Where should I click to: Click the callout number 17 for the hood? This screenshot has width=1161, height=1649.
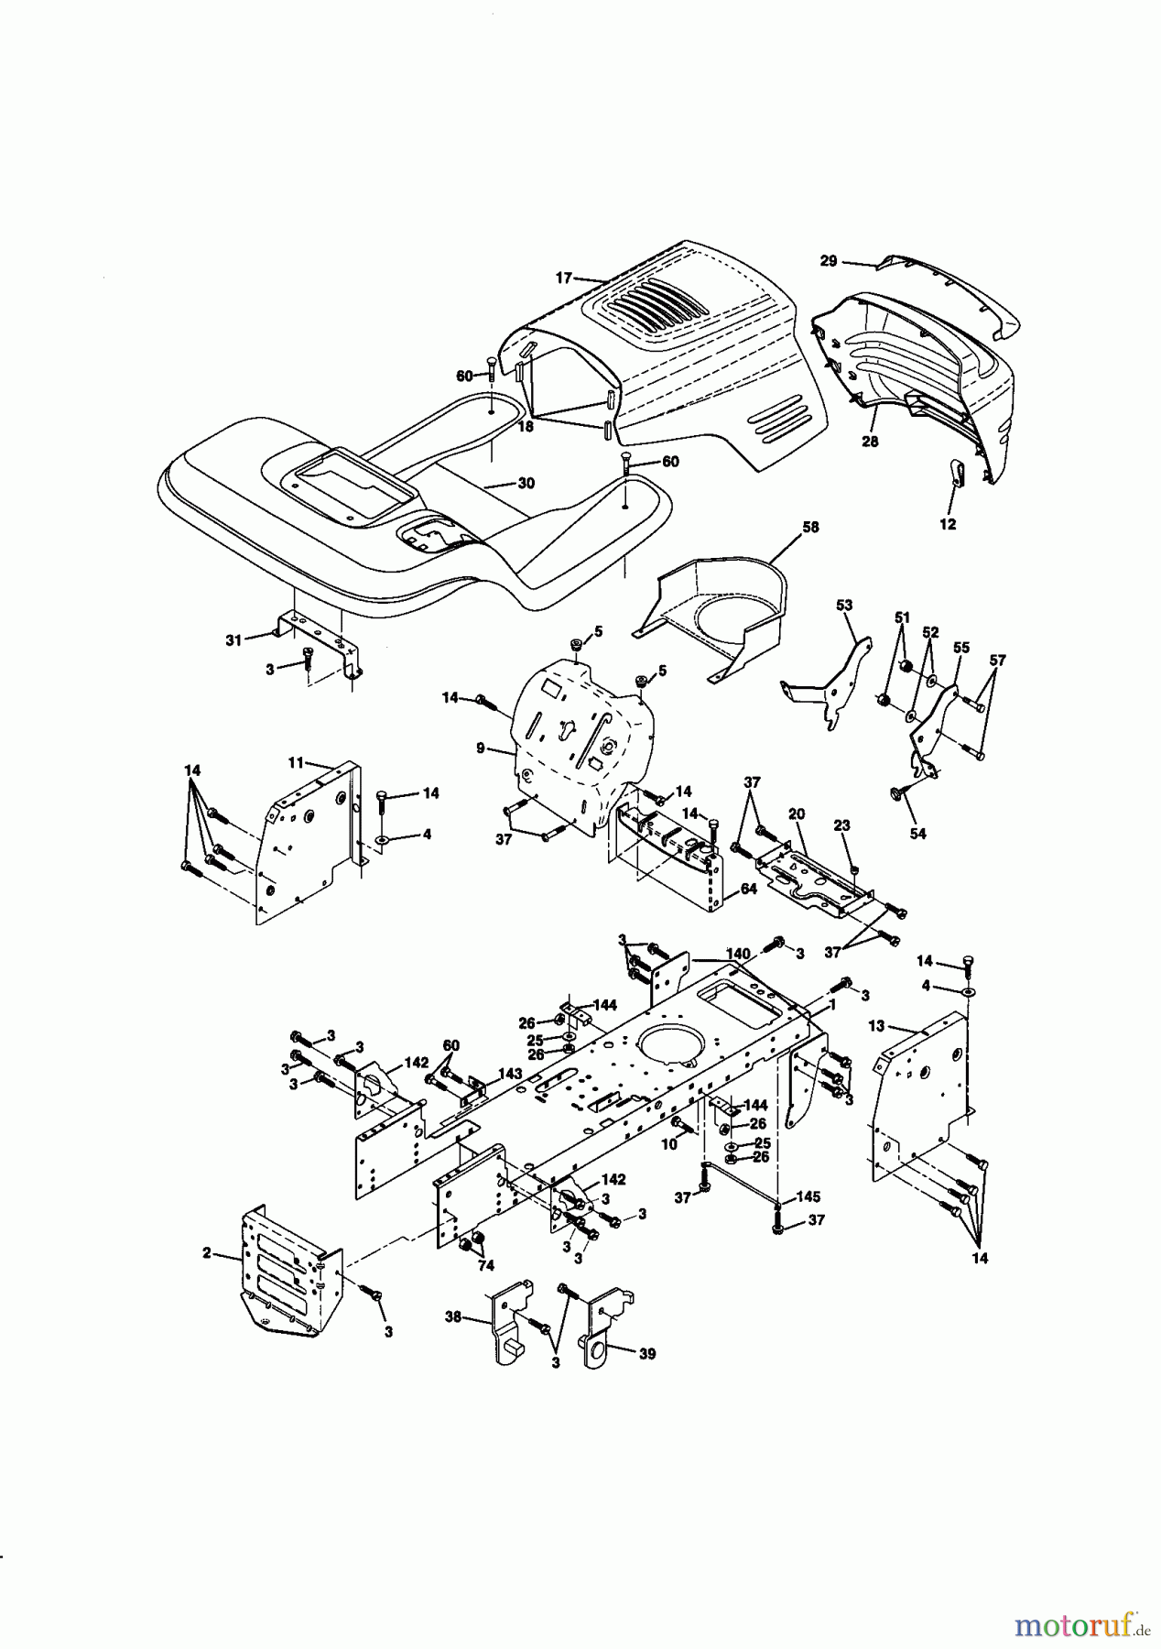point(563,277)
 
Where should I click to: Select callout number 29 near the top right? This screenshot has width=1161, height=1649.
point(829,261)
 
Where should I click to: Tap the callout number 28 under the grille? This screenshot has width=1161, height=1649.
point(870,441)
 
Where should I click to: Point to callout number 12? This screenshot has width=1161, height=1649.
point(948,525)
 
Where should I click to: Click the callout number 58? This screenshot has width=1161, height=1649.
point(809,527)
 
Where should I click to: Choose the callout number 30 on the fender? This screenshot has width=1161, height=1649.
point(526,483)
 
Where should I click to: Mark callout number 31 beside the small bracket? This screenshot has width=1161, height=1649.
point(233,640)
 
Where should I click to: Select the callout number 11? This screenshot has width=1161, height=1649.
point(295,762)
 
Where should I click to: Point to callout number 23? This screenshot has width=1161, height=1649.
point(842,825)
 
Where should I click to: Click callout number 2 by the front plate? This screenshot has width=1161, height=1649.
point(207,1252)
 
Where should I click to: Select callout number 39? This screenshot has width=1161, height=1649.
point(646,1353)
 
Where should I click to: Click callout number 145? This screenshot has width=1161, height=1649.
point(808,1196)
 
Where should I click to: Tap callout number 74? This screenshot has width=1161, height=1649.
point(485,1265)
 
